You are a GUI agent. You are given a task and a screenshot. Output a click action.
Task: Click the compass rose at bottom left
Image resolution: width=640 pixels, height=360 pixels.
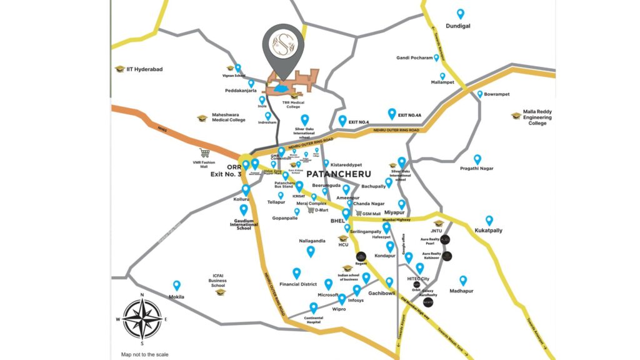point(142,317)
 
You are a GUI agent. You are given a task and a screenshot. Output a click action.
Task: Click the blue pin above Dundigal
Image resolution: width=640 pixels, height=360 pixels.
point(461,14)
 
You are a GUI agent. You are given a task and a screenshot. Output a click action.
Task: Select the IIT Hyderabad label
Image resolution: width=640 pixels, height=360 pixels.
point(144,69)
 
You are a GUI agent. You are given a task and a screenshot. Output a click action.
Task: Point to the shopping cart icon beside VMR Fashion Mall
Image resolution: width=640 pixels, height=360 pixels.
point(204,152)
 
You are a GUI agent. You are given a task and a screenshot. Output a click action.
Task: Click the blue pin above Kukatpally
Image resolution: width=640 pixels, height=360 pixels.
point(489,220)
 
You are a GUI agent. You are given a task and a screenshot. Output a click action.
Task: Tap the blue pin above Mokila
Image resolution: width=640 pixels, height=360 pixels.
point(177,285)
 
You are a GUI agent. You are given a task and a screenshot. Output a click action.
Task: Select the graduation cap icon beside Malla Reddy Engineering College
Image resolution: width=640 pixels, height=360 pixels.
point(516,115)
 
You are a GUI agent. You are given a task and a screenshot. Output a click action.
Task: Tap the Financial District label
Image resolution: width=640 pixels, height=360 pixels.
point(299,284)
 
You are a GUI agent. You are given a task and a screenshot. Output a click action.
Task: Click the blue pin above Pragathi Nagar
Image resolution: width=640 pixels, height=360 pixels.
point(477,159)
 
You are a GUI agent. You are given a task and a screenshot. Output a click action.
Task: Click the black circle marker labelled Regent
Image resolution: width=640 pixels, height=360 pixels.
point(361,256)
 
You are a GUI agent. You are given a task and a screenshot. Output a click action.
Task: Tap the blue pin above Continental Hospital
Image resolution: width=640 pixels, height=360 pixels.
point(314,307)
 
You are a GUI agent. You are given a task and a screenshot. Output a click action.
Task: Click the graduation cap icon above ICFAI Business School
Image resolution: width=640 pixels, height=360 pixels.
point(220,292)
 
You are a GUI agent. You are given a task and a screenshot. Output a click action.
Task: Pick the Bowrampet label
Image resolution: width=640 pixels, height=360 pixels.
point(497,94)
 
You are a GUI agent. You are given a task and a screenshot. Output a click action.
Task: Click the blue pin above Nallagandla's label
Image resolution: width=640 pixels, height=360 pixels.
point(311,251)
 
